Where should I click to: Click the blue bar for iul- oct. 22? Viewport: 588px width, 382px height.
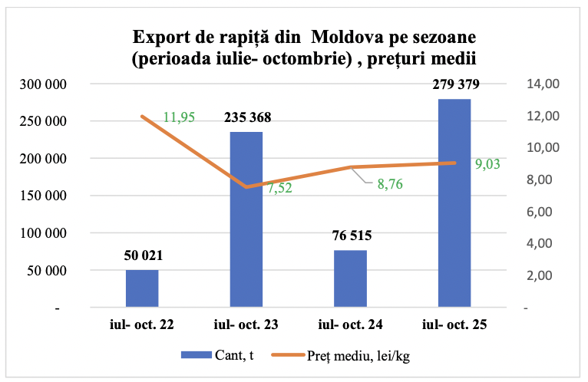(142, 288)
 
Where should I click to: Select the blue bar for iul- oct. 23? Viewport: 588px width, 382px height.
(246, 219)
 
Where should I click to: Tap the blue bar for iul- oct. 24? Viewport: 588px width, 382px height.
(350, 278)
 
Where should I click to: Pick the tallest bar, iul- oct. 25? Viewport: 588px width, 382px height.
(454, 203)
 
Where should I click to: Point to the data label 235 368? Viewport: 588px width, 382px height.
(247, 118)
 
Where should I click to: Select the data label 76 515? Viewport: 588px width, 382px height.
(351, 236)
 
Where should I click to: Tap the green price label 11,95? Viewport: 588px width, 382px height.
(179, 117)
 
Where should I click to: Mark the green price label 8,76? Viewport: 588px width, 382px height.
(388, 183)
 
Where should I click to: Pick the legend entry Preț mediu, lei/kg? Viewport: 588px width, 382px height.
(351, 356)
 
